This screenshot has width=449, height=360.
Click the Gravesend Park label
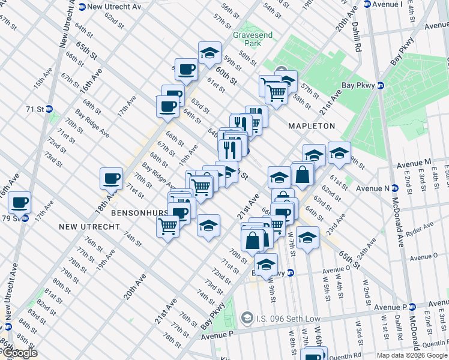[253, 40]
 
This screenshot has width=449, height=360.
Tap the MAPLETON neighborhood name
[311, 126]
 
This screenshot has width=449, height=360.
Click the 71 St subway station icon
[50, 109]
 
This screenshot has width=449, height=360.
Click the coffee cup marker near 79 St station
[19, 202]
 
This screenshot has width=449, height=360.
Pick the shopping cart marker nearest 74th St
[167, 226]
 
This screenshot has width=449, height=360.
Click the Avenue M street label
[414, 163]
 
